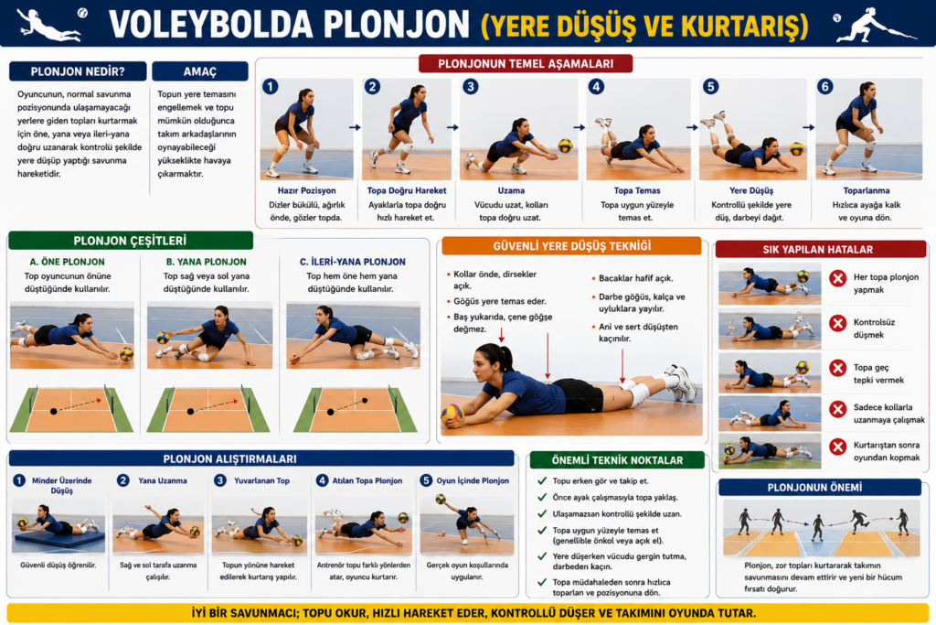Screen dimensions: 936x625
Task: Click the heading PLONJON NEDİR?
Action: [x=78, y=71]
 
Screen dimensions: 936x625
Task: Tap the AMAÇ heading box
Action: [x=200, y=71]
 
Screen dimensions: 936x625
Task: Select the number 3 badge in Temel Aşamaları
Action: [x=471, y=87]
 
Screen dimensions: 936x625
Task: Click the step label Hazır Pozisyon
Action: [x=307, y=190]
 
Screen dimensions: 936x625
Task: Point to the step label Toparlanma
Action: [x=867, y=190]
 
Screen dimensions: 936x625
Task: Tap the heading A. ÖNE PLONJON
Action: [x=67, y=262]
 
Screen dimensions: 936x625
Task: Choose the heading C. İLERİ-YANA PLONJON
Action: [x=352, y=262]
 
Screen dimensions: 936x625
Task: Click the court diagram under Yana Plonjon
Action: [x=208, y=409]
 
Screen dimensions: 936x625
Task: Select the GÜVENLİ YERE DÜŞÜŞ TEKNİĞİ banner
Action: [x=571, y=246]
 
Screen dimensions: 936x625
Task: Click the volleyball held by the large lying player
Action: [x=452, y=415]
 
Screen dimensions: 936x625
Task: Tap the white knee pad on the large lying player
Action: [x=638, y=394]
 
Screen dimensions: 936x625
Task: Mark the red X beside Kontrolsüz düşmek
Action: [x=838, y=323]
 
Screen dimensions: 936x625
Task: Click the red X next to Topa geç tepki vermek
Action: [x=838, y=368]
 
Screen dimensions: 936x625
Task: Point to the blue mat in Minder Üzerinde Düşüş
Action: [x=58, y=542]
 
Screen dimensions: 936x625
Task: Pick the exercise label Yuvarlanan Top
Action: [x=261, y=480]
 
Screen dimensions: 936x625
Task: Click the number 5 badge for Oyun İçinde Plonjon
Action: [x=426, y=480]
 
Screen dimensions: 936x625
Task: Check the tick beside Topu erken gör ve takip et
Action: [x=542, y=480]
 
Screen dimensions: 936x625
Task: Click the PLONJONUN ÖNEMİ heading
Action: [x=814, y=488]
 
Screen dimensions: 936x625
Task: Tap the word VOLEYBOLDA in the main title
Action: [x=211, y=25]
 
